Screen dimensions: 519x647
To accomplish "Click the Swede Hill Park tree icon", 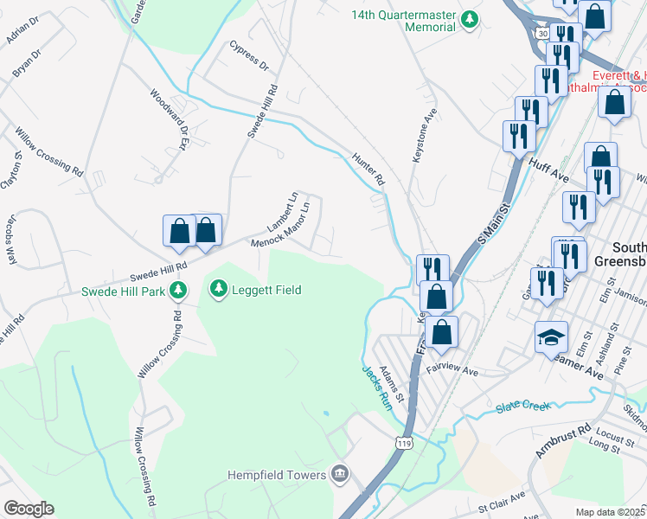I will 178,290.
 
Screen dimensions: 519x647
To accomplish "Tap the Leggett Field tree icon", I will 219,290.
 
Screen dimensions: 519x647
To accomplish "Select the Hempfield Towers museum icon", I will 340,474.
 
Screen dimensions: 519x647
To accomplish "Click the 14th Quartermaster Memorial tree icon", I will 469,19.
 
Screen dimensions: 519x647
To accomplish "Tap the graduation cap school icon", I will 551,338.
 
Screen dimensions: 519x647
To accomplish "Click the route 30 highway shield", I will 541,32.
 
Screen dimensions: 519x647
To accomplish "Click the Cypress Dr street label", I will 249,54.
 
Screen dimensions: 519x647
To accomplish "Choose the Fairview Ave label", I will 458,371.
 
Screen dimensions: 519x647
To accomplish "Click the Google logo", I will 29,509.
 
